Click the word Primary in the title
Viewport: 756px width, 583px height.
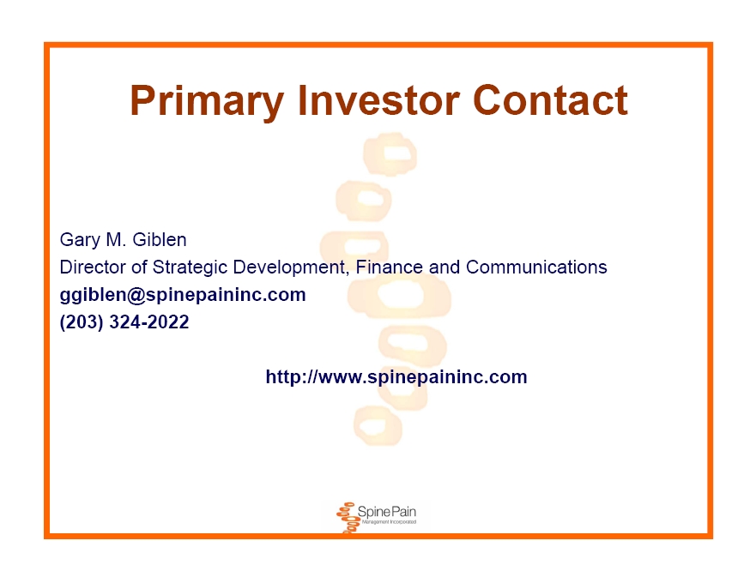[x=206, y=101]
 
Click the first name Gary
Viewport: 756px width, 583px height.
[x=80, y=240]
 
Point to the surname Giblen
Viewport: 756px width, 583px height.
[x=159, y=239]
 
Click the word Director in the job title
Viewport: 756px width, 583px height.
[x=93, y=267]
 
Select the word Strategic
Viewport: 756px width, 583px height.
[x=190, y=267]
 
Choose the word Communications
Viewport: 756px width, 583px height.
[x=536, y=267]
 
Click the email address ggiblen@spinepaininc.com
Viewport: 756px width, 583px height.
[x=183, y=295]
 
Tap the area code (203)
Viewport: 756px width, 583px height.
[x=82, y=322]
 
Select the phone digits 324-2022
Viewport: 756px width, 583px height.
[x=149, y=322]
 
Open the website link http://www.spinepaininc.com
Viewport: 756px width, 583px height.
[x=396, y=376]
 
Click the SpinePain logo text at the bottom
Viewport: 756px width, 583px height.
[x=387, y=511]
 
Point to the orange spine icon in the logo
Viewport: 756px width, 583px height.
[x=347, y=518]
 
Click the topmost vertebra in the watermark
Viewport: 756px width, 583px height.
[x=390, y=153]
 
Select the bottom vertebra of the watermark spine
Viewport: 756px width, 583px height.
[x=378, y=426]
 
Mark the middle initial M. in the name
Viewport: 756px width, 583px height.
[x=116, y=239]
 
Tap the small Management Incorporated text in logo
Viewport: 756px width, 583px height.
[x=389, y=522]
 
